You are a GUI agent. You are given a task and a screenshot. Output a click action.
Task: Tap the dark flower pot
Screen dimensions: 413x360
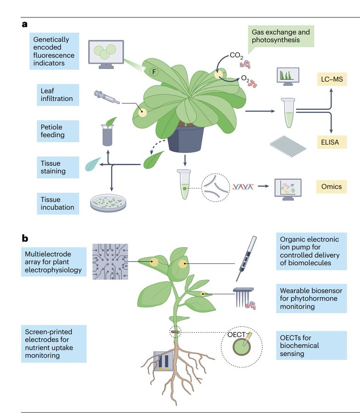pos(186,138)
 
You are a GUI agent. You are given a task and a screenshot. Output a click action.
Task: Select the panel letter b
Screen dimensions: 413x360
pos(25,238)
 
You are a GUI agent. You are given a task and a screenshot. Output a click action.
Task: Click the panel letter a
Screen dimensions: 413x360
pos(25,24)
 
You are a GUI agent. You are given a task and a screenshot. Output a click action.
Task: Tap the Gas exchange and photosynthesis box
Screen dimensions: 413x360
pos(280,37)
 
